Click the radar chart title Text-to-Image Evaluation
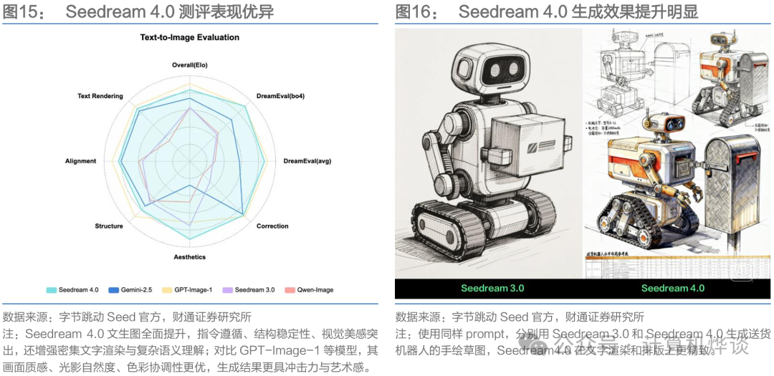click(190, 37)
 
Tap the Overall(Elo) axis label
click(190, 65)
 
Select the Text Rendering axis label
click(100, 96)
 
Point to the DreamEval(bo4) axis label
click(280, 96)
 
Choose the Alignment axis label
click(80, 161)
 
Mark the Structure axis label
click(109, 226)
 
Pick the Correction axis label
click(272, 226)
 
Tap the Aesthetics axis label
click(190, 257)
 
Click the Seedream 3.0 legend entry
click(253, 290)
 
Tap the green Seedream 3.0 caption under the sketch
click(492, 288)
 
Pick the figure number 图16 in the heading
click(413, 11)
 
